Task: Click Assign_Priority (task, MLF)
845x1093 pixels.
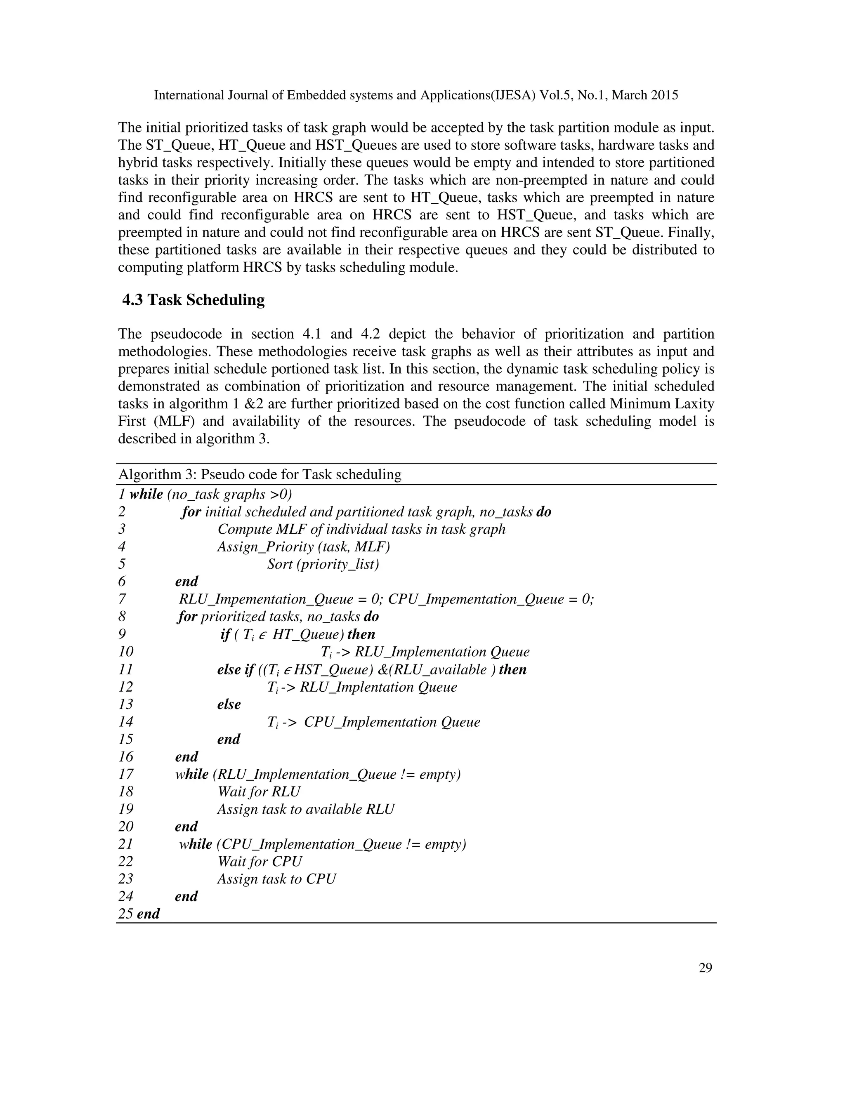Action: pyautogui.click(x=303, y=546)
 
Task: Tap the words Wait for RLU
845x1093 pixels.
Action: pyautogui.click(x=259, y=791)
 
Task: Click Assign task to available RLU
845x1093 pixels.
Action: pyautogui.click(x=305, y=809)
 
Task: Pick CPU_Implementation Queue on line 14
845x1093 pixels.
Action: pyautogui.click(x=392, y=722)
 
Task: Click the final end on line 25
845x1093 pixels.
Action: pyautogui.click(x=148, y=914)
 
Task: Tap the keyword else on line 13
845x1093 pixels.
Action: pyautogui.click(x=229, y=704)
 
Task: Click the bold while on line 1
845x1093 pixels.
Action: pyautogui.click(x=146, y=495)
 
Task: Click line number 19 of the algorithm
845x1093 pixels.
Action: pyautogui.click(x=126, y=809)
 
